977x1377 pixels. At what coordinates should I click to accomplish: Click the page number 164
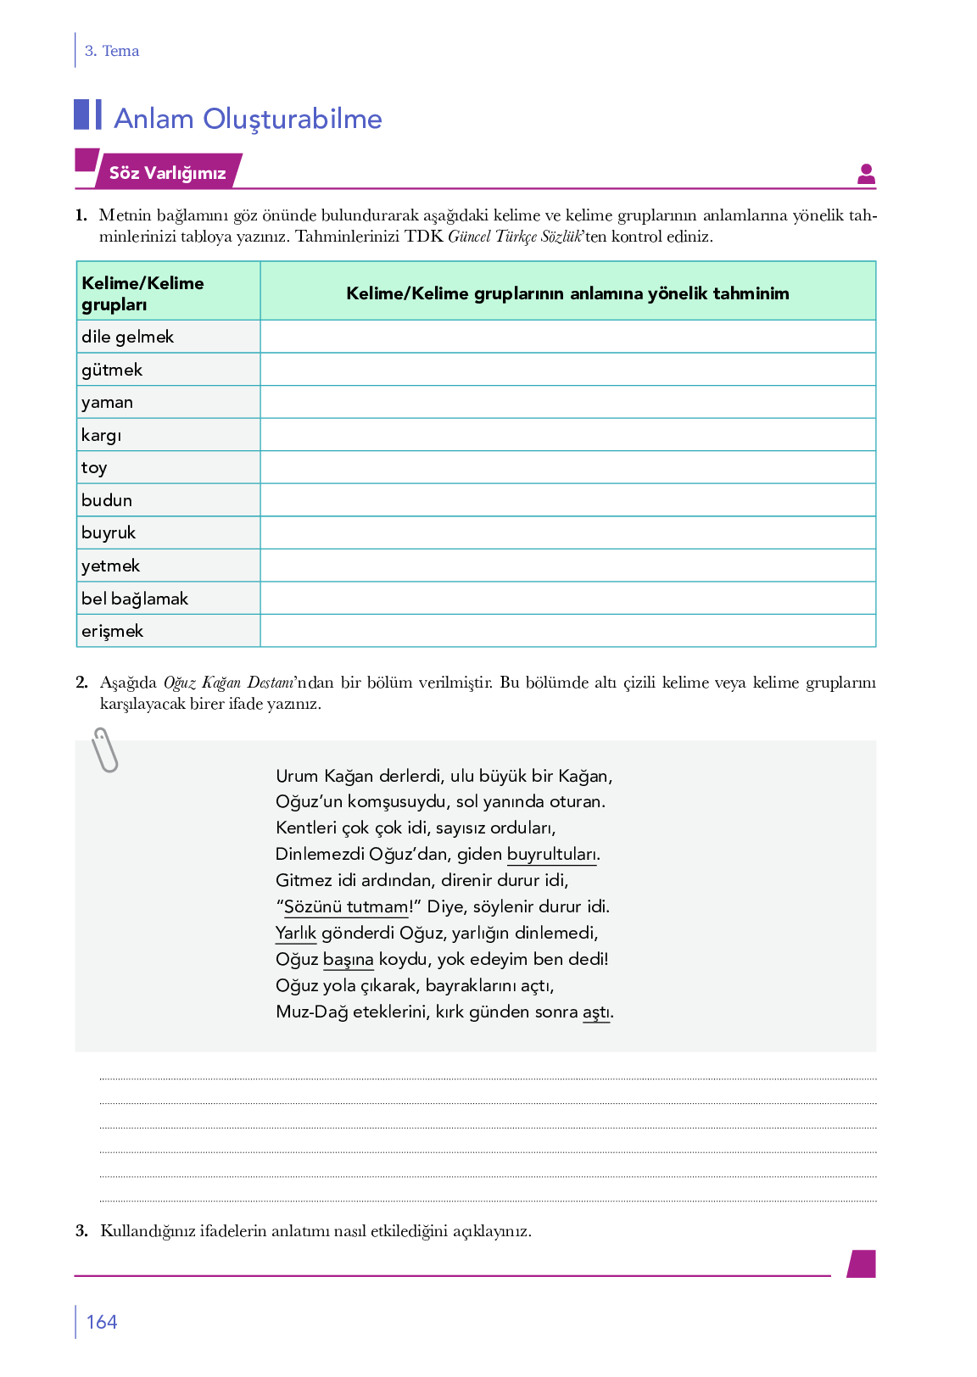tap(102, 1322)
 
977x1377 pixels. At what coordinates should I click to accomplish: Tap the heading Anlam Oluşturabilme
tap(248, 119)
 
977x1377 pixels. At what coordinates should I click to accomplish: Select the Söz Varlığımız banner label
tap(167, 173)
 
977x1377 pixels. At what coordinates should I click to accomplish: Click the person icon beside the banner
tap(866, 174)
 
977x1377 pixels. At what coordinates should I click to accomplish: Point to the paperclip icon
tap(104, 750)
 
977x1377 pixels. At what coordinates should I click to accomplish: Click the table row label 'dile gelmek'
tap(127, 337)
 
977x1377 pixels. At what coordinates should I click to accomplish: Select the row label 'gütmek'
tap(112, 370)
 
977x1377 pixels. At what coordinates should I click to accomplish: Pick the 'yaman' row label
tap(107, 402)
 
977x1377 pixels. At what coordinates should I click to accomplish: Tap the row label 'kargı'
tap(102, 435)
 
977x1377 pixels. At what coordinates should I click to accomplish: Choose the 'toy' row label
tap(94, 467)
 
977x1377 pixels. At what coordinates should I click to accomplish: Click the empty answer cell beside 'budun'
tap(567, 500)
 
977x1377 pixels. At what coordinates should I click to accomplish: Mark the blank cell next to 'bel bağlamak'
tap(567, 598)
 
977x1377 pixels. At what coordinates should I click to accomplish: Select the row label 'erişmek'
tap(112, 631)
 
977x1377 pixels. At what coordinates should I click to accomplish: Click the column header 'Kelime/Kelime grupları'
tap(142, 293)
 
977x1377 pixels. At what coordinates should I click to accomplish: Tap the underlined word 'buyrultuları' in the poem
tap(552, 854)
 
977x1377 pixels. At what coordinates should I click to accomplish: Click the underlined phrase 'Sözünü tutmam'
tap(346, 906)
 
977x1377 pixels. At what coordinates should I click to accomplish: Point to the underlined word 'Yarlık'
tap(296, 933)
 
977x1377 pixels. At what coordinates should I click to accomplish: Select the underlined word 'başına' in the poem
tap(349, 959)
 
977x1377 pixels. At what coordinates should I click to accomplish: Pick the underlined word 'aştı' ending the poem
tap(596, 1012)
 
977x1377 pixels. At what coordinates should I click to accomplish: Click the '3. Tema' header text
tap(112, 51)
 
